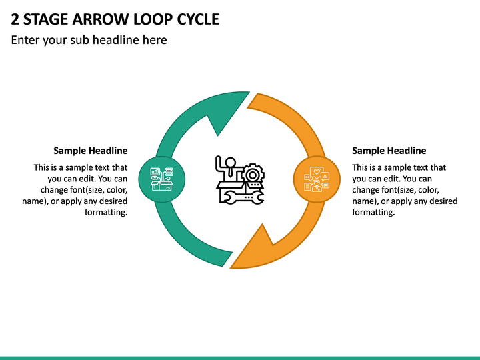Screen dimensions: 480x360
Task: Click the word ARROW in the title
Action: [101, 19]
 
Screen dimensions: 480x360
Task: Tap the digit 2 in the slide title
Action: [15, 19]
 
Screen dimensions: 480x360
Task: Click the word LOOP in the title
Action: [153, 19]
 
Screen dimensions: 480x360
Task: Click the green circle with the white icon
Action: [162, 179]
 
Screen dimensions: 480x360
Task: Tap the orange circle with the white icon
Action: [317, 179]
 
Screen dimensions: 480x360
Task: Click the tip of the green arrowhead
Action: [249, 92]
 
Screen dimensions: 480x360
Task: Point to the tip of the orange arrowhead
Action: [230, 268]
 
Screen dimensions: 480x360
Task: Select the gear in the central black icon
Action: [253, 175]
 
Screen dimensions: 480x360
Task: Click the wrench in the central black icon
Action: [242, 197]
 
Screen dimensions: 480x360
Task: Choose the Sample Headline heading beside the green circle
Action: [90, 151]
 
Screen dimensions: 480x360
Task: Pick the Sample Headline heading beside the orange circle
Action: [389, 151]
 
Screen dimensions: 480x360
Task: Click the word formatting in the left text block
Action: [106, 212]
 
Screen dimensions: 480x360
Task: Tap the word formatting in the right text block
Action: [373, 212]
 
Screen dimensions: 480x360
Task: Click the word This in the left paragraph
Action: [41, 167]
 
